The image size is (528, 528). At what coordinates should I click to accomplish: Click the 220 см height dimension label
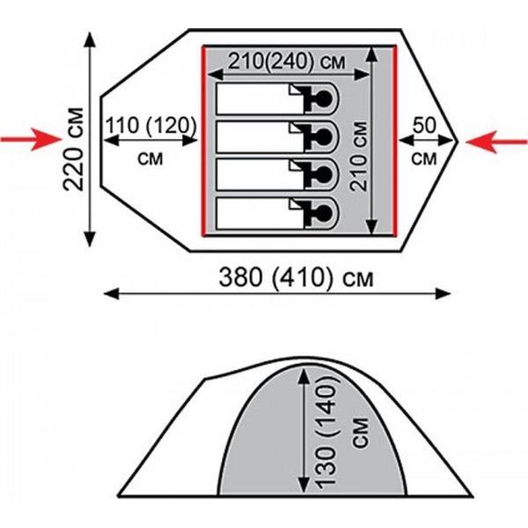pos(73,150)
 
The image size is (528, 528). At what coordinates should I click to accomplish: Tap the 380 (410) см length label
pos(297,278)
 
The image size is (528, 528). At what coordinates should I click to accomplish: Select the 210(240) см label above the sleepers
pos(287,61)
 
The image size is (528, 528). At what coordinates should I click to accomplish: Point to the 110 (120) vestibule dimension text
pos(150,125)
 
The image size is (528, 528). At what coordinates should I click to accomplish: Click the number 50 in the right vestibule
pos(424,125)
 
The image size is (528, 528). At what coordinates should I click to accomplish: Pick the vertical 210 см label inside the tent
pos(358,157)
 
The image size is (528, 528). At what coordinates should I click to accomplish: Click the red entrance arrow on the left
pos(32,139)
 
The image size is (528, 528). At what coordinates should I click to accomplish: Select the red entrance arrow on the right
pos(496,142)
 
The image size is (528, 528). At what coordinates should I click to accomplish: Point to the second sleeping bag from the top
pos(277,137)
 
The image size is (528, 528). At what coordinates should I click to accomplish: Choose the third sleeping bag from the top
pos(277,175)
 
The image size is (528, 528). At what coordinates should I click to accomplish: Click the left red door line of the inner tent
pos(203,141)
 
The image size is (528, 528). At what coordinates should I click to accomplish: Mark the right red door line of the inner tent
pos(395,141)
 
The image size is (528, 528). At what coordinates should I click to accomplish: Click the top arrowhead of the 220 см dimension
pos(90,39)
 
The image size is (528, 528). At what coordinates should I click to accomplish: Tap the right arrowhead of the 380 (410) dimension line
pos(444,294)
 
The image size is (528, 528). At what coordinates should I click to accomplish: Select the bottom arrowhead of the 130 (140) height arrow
pos(304,486)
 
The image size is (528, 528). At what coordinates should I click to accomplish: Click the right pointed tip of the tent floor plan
pos(458,142)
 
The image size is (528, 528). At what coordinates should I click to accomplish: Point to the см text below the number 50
pos(424,158)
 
